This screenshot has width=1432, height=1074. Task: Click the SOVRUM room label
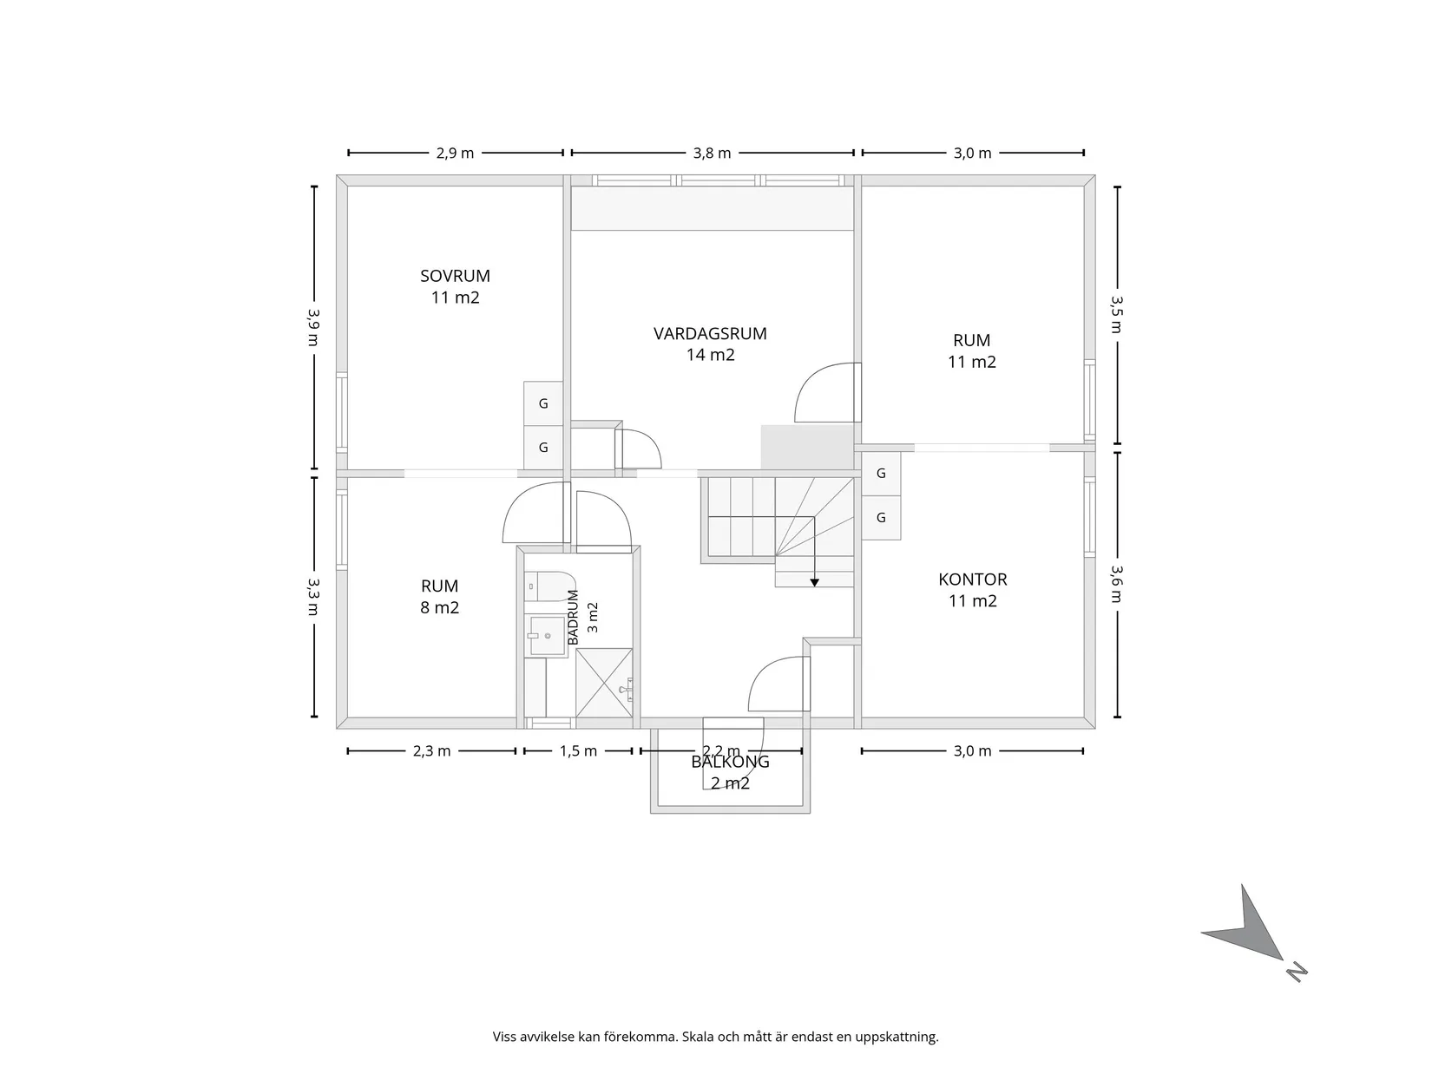(x=455, y=276)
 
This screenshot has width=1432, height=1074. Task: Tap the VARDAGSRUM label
(x=710, y=334)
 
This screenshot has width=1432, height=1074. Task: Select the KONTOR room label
(x=972, y=579)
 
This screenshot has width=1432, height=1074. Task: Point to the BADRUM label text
(x=573, y=618)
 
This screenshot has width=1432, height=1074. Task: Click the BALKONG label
(x=730, y=762)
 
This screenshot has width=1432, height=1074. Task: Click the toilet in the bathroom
(x=549, y=586)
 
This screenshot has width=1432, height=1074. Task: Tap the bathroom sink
(x=547, y=635)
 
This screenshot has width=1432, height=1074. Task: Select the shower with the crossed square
(x=604, y=683)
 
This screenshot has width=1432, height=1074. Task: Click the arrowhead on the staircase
(x=814, y=582)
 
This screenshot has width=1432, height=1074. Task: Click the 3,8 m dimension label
(x=712, y=154)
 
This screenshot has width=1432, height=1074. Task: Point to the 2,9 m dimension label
(x=455, y=154)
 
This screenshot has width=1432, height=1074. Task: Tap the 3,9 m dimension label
(x=314, y=327)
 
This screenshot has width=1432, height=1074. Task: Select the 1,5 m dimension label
(x=578, y=751)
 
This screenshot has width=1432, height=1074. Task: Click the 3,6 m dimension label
(x=1117, y=584)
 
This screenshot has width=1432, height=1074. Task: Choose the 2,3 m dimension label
(x=431, y=751)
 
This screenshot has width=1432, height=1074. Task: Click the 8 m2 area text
(x=439, y=608)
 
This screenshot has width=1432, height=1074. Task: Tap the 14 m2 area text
(x=711, y=355)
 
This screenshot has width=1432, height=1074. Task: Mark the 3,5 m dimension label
(x=1117, y=314)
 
